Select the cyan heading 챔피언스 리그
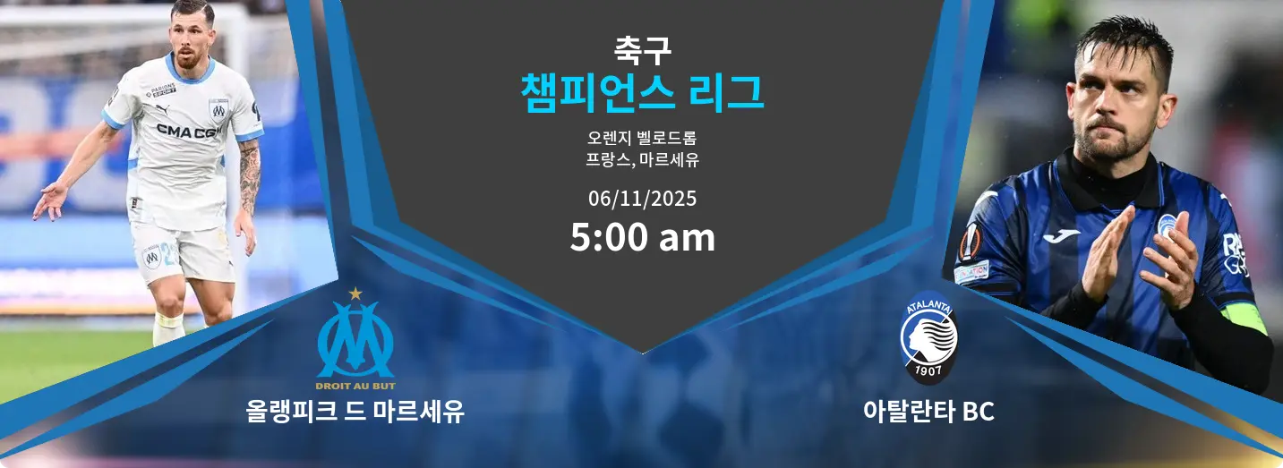pyautogui.click(x=642, y=92)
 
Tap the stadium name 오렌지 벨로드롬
pyautogui.click(x=642, y=139)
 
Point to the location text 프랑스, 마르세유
pyautogui.click(x=642, y=161)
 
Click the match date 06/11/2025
pyautogui.click(x=642, y=199)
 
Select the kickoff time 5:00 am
pyautogui.click(x=642, y=238)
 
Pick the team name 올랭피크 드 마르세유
pyautogui.click(x=355, y=412)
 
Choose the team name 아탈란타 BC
pyautogui.click(x=928, y=412)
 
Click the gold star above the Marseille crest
pyautogui.click(x=355, y=293)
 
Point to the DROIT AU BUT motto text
pyautogui.click(x=355, y=387)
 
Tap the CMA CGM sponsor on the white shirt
pyautogui.click(x=189, y=132)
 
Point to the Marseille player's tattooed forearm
pyautogui.click(x=248, y=174)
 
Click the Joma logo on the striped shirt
pyautogui.click(x=1061, y=234)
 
